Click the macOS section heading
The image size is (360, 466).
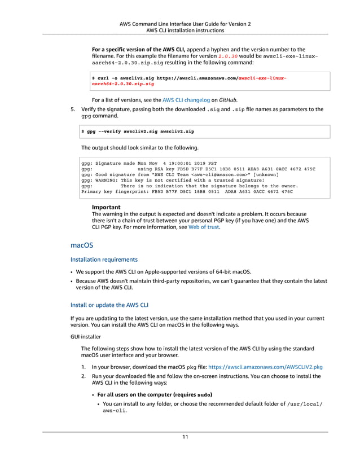[x=82, y=246]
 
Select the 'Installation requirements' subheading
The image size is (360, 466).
[x=104, y=260]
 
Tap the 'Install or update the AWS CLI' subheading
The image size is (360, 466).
[x=109, y=305]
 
